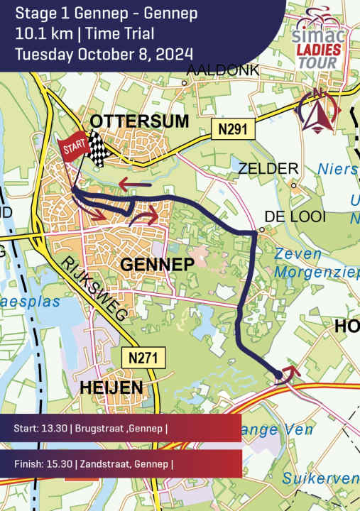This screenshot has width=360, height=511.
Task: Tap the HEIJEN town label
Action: [x=111, y=387]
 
